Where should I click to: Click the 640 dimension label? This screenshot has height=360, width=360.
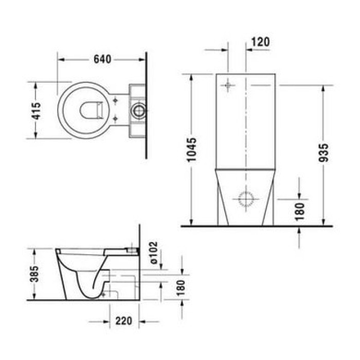pyautogui.click(x=102, y=59)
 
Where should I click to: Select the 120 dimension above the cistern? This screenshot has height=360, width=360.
pyautogui.click(x=261, y=42)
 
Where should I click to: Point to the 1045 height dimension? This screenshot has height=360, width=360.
pyautogui.click(x=191, y=150)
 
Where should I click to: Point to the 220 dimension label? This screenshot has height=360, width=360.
pyautogui.click(x=123, y=321)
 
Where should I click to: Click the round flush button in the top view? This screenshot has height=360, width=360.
pyautogui.click(x=138, y=110)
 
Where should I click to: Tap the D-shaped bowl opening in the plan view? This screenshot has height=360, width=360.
pyautogui.click(x=92, y=110)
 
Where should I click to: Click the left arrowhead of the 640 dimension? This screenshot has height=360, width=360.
pyautogui.click(x=59, y=59)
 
